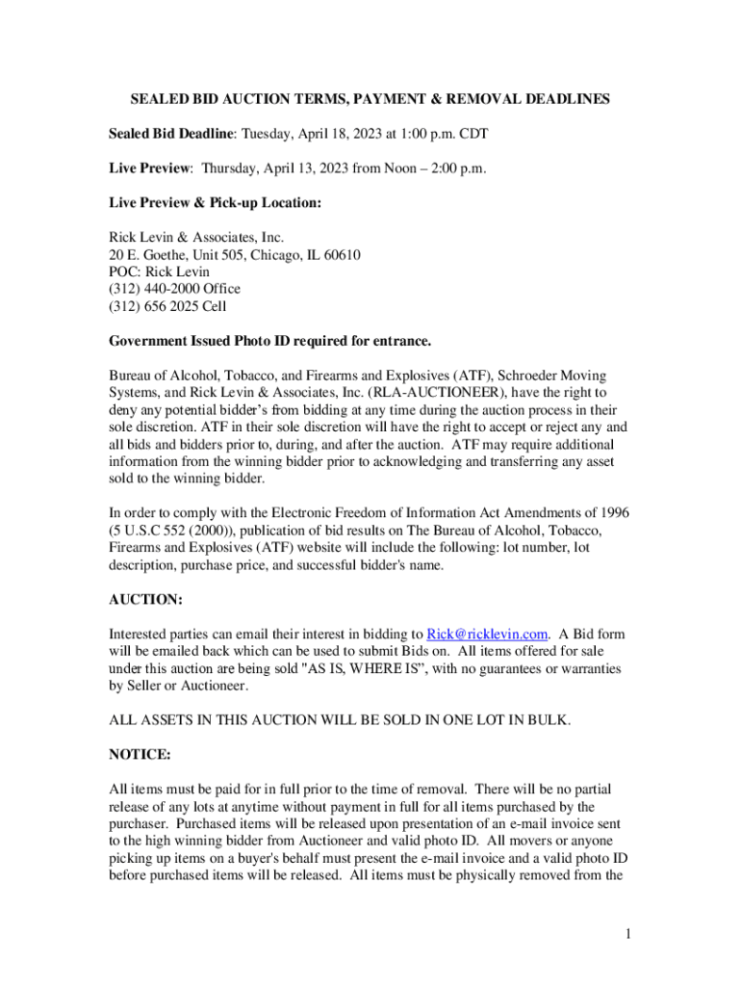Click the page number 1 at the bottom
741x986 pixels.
pos(626,933)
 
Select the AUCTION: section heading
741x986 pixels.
pos(145,599)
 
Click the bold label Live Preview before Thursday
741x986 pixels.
pos(150,169)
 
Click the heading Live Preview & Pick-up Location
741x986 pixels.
pos(215,203)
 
